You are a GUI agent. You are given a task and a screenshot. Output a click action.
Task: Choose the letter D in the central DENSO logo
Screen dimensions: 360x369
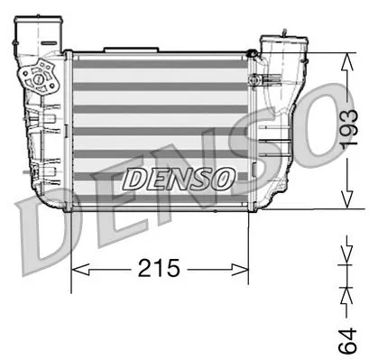(x=133, y=178)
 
